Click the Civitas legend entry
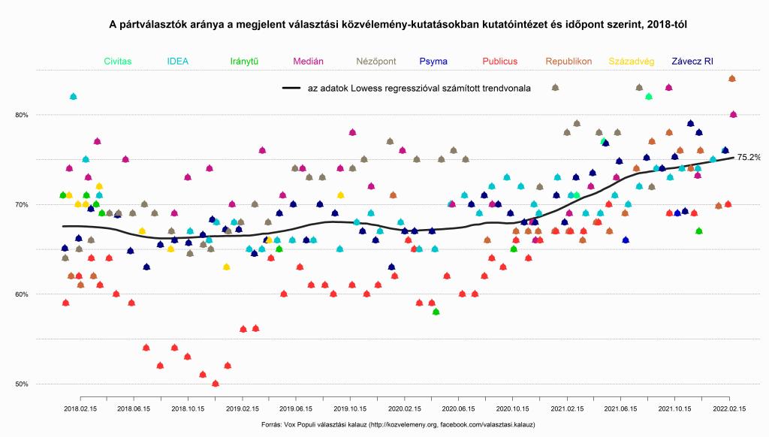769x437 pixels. (x=119, y=61)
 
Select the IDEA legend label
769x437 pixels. (x=178, y=61)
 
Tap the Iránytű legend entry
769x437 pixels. (x=245, y=61)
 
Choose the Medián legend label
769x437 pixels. (x=309, y=61)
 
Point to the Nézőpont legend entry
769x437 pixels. (x=375, y=61)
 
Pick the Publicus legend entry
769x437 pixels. (x=500, y=61)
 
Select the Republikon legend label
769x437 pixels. (x=568, y=61)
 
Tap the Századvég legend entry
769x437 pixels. (x=631, y=61)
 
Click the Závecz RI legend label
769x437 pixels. (x=692, y=61)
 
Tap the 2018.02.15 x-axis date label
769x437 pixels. (x=81, y=409)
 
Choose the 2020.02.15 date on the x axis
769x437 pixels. (x=405, y=409)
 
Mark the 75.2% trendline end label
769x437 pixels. (x=748, y=158)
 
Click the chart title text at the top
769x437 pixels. (x=398, y=25)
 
